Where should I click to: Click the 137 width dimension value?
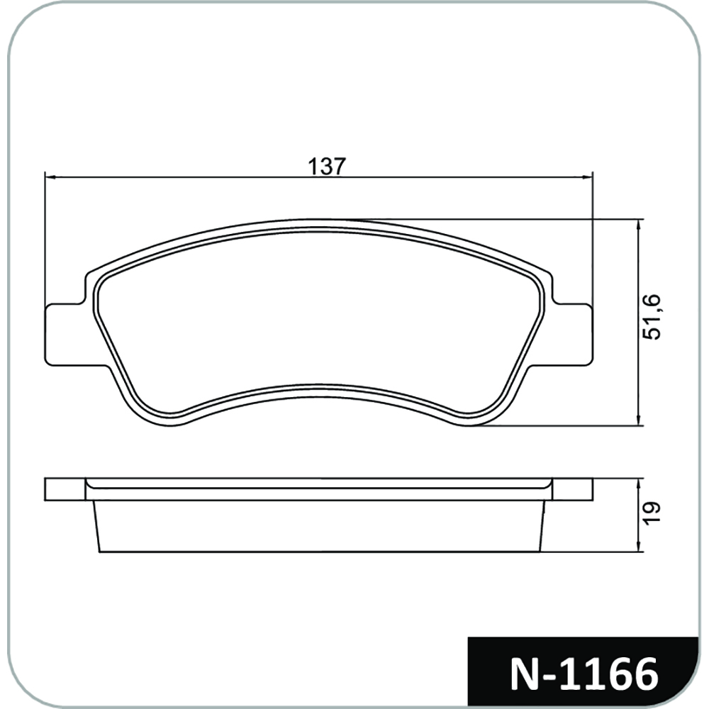[326, 166]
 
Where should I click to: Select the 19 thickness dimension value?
[652, 513]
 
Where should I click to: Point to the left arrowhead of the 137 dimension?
[50, 177]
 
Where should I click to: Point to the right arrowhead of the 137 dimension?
[587, 177]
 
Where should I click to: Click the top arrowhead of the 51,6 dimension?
[638, 225]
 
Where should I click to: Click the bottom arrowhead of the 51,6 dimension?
[638, 420]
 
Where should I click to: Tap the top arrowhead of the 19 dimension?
[638, 483]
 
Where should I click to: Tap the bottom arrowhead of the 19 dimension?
[638, 547]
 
